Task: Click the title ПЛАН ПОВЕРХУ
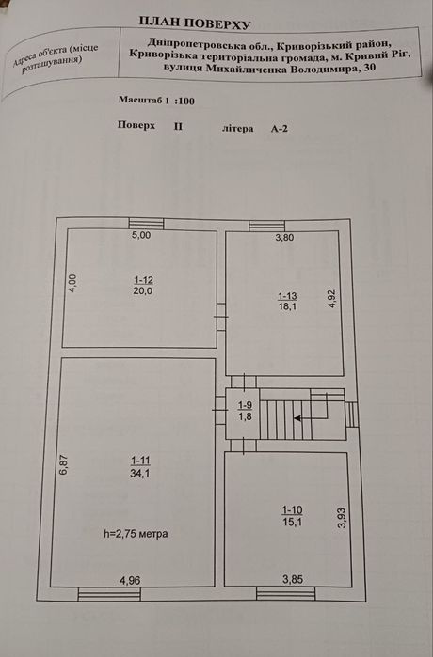point(195,23)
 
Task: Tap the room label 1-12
point(143,280)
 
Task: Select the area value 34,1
point(140,474)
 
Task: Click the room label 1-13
point(287,296)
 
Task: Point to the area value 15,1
point(293,522)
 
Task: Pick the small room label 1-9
point(245,405)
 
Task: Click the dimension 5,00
point(141,235)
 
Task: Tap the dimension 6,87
point(63,465)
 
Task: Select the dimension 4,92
point(332,299)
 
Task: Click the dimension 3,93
point(343,518)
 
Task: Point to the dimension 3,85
point(293,580)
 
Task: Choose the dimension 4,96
point(130,580)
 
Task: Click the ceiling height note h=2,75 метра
point(136,533)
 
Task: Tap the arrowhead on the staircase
point(297,417)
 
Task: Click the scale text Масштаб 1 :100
point(156,101)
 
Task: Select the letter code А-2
point(279,129)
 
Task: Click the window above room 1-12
point(146,224)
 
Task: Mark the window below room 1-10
point(286,594)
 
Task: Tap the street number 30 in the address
point(370,68)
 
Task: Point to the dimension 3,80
point(284,238)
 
